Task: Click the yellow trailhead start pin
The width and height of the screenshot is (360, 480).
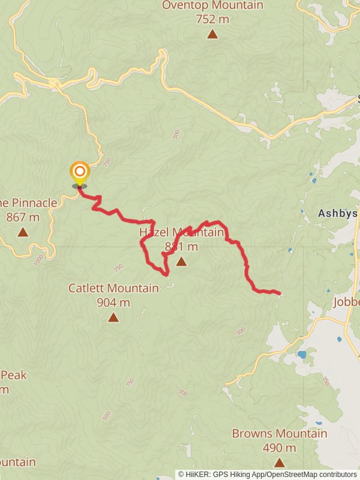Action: click(x=79, y=172)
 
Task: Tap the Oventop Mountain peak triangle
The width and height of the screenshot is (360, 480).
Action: click(x=212, y=34)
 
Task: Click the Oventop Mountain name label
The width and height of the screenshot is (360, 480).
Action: click(x=212, y=5)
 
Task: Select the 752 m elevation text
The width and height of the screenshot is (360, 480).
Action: click(x=212, y=19)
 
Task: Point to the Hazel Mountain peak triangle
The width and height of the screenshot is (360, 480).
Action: click(x=181, y=261)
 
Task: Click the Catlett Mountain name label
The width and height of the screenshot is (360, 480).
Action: click(x=113, y=288)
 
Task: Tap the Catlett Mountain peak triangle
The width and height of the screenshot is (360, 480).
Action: click(x=113, y=317)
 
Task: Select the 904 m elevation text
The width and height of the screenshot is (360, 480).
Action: click(x=113, y=302)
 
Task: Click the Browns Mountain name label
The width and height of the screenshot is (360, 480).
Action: click(x=280, y=433)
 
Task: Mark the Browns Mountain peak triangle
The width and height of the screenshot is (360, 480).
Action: click(x=280, y=462)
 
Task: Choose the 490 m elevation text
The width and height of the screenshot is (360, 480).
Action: click(x=280, y=448)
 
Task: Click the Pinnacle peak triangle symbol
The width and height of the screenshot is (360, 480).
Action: click(x=23, y=232)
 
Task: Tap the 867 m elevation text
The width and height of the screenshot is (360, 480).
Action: click(x=23, y=217)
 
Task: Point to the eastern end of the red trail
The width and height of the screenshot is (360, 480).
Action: click(x=280, y=293)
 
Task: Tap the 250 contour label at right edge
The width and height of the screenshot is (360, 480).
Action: click(x=325, y=382)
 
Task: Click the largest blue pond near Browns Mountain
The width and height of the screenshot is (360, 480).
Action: click(x=301, y=355)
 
